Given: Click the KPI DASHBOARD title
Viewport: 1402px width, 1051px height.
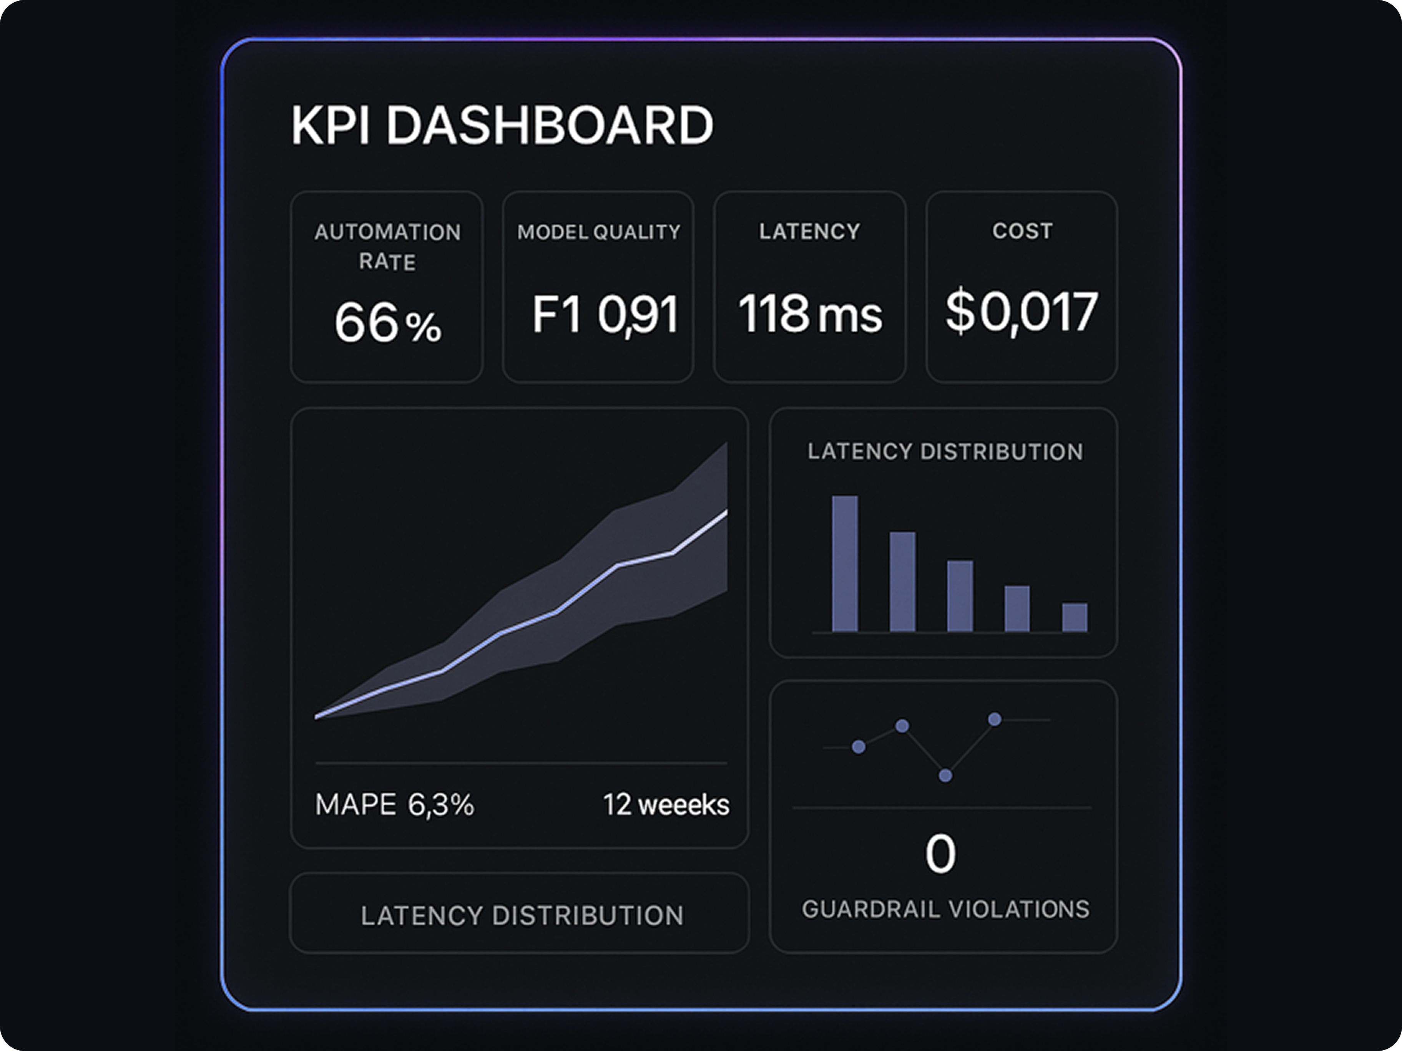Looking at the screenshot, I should [x=502, y=126].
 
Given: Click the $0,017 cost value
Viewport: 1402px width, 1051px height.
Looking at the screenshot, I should [x=1021, y=312].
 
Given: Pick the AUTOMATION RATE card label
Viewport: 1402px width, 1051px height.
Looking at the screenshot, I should [x=387, y=247].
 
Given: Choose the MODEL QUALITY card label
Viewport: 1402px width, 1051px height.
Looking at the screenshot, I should [x=598, y=232].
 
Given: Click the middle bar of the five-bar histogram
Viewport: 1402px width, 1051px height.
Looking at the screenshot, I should [x=960, y=595].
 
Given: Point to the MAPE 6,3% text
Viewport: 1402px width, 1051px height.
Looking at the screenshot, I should [x=394, y=804].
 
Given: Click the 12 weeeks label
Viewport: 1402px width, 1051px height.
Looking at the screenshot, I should [x=666, y=804].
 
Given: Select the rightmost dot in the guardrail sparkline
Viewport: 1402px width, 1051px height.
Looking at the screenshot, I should [x=995, y=719].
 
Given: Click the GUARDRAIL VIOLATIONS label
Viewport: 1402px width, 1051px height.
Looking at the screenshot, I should [x=945, y=909].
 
